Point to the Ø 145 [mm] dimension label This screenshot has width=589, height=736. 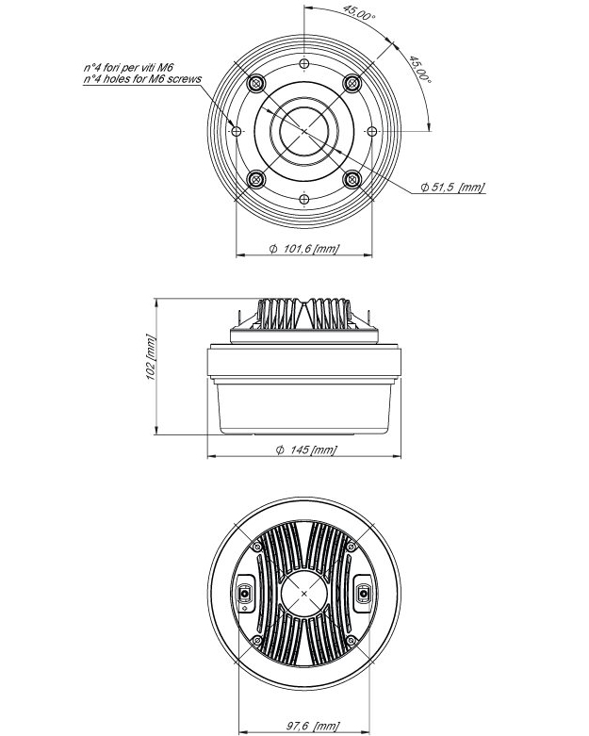(305, 450)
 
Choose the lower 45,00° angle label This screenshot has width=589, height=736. (417, 70)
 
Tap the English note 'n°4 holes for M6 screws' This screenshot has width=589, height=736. (141, 80)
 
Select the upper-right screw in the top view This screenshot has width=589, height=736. (352, 83)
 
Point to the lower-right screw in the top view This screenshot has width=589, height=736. (352, 179)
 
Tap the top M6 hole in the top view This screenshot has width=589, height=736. (304, 64)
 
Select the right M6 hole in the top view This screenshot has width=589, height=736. (372, 130)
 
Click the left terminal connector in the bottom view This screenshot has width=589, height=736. (246, 593)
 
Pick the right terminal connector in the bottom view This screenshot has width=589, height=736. (362, 593)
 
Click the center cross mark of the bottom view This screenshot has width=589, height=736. (304, 593)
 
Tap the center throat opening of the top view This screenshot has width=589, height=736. (304, 130)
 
